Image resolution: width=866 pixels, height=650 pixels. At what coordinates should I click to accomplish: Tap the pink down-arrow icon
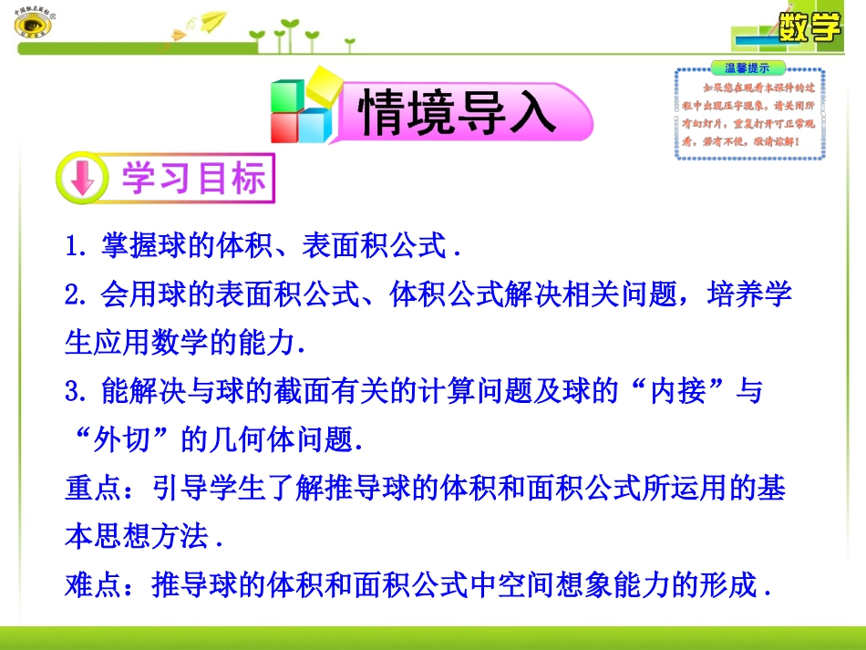click(x=82, y=179)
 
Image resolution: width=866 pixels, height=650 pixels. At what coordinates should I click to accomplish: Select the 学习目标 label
click(x=194, y=179)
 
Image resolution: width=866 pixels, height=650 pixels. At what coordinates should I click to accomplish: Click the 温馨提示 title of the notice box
click(x=747, y=67)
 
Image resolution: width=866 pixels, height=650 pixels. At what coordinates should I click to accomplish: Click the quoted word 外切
click(x=124, y=441)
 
